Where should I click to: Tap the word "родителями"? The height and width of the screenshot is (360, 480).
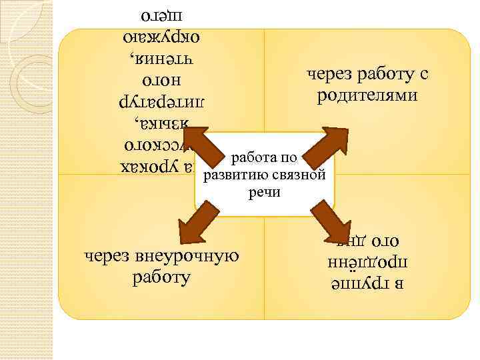367,95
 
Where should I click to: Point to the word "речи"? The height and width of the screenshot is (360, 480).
264,192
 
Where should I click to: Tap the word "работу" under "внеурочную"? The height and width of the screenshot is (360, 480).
161,276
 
